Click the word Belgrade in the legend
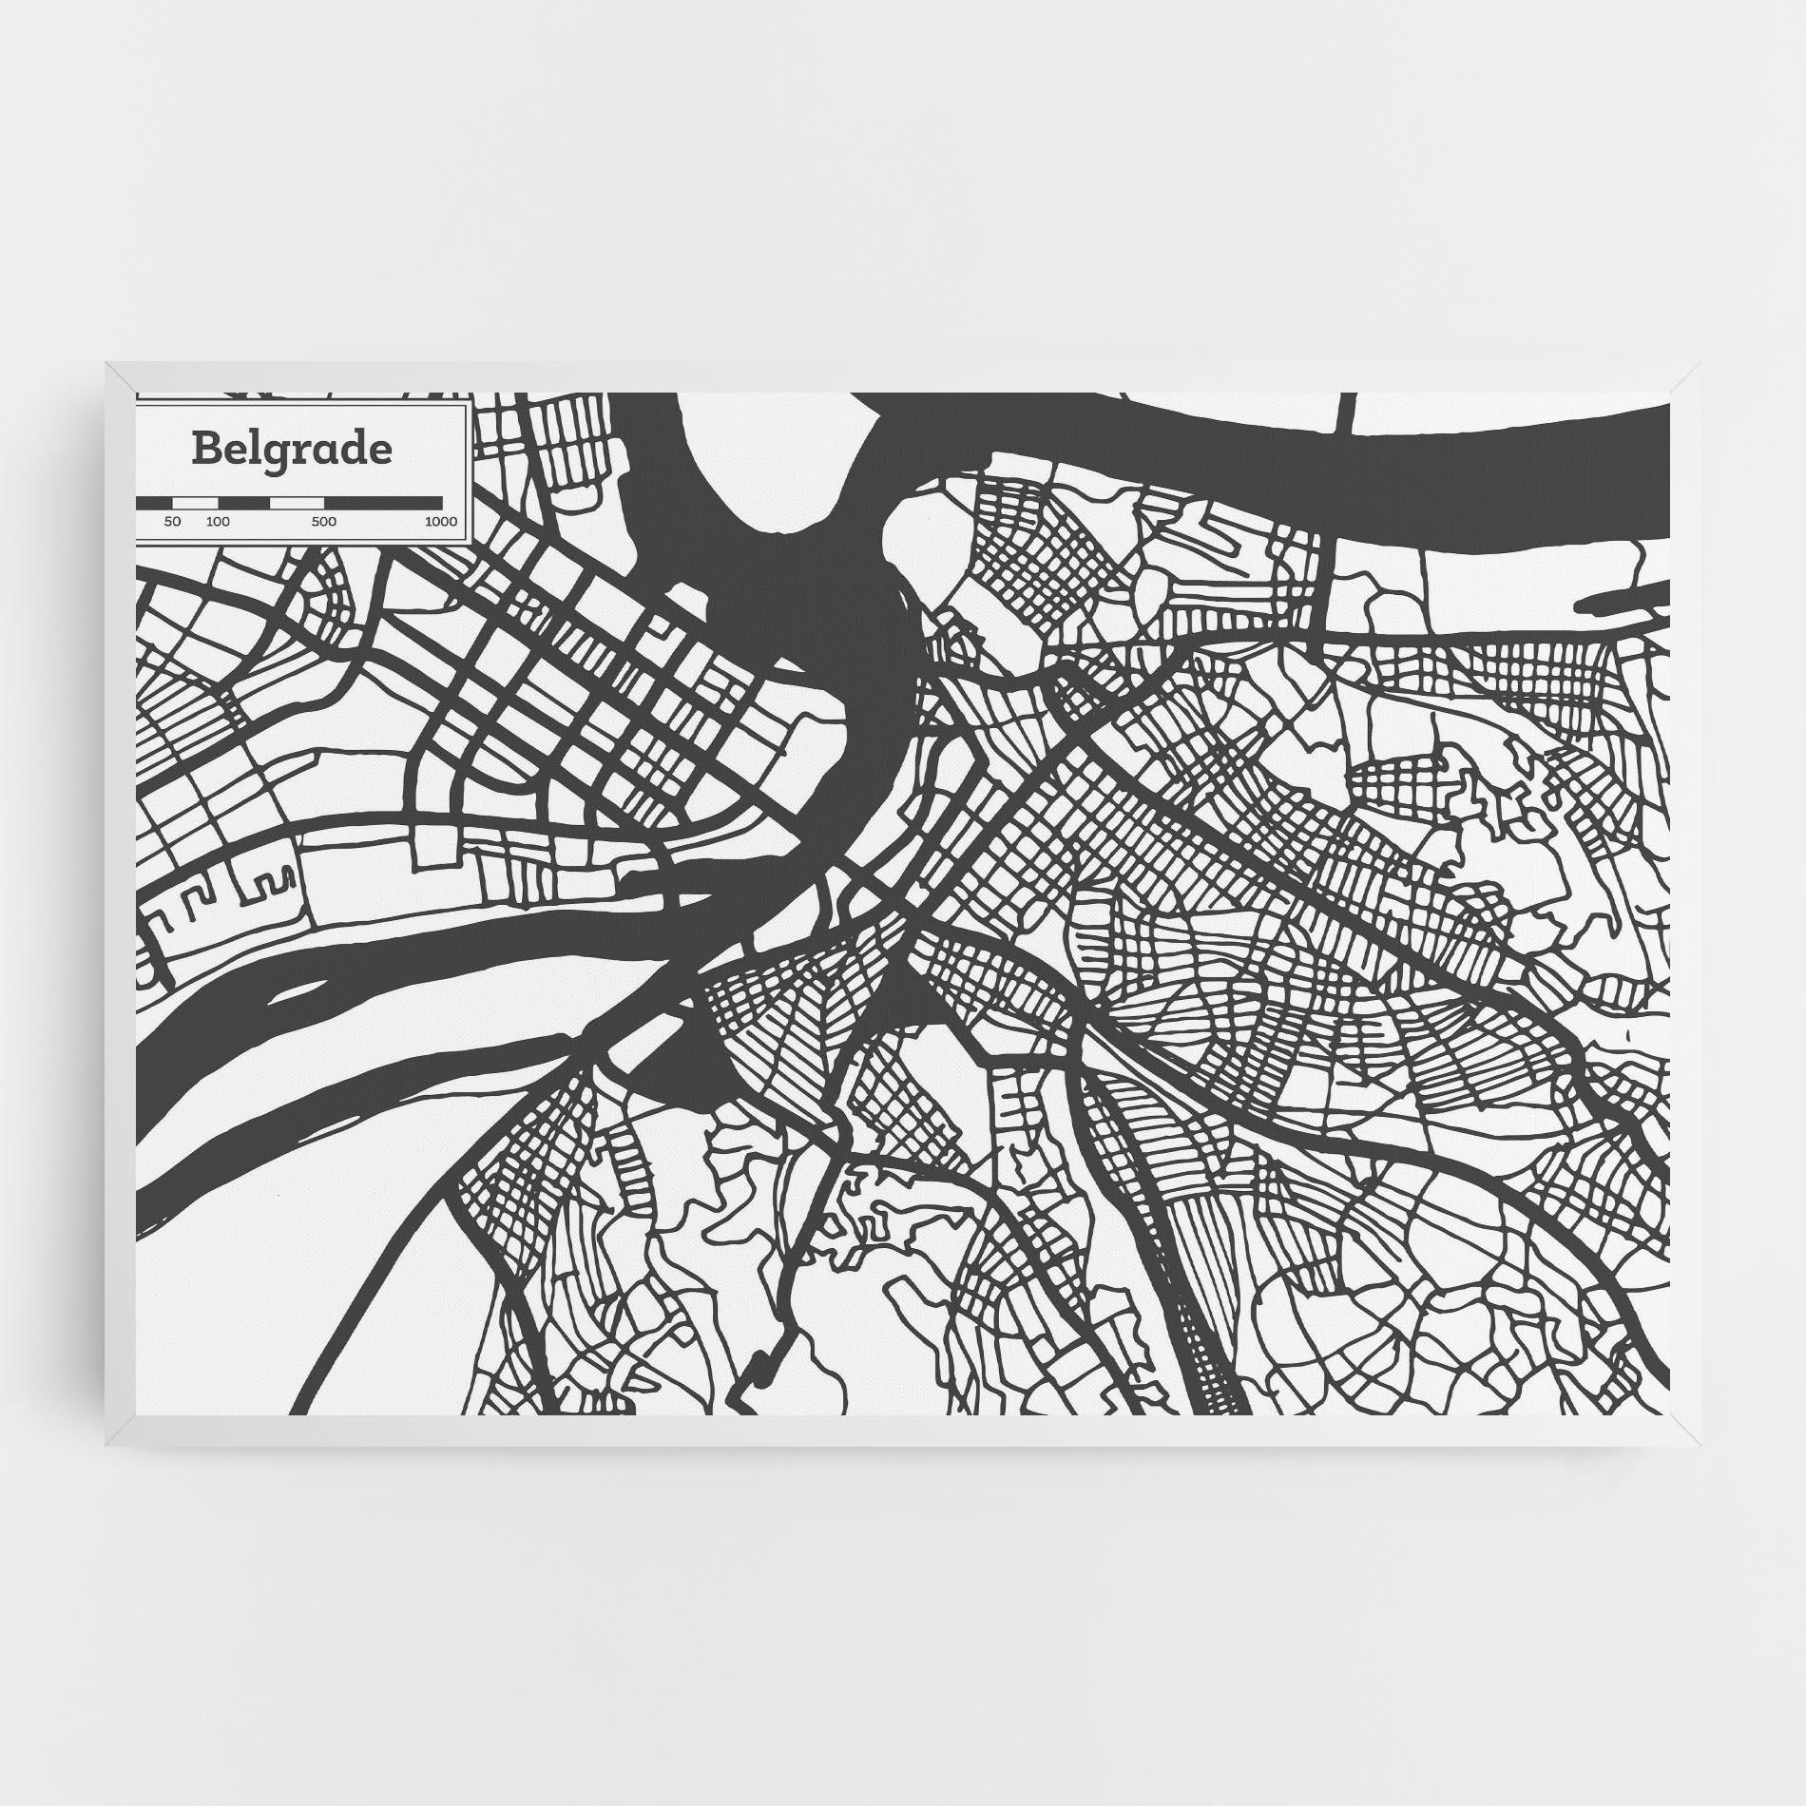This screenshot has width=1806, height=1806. (x=292, y=449)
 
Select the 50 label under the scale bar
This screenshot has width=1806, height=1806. (x=172, y=522)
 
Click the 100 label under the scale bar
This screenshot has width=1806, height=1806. (x=218, y=522)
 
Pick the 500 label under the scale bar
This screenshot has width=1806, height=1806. (x=324, y=522)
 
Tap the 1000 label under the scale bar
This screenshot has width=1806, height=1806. (x=441, y=522)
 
